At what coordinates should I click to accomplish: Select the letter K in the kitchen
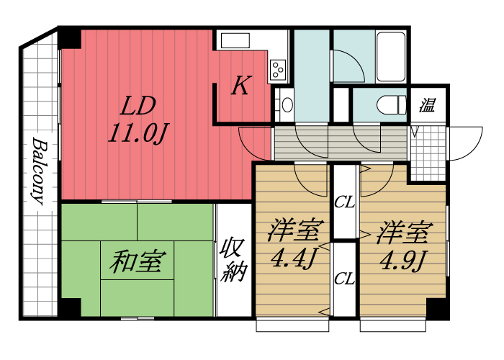[240, 87]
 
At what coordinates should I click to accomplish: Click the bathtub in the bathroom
[392, 56]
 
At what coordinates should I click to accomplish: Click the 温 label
[428, 106]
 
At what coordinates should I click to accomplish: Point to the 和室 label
[138, 261]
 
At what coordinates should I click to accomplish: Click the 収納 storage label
[234, 260]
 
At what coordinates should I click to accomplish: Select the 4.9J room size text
[403, 258]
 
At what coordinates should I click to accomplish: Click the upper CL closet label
[345, 202]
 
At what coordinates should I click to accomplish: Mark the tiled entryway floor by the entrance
[428, 152]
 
